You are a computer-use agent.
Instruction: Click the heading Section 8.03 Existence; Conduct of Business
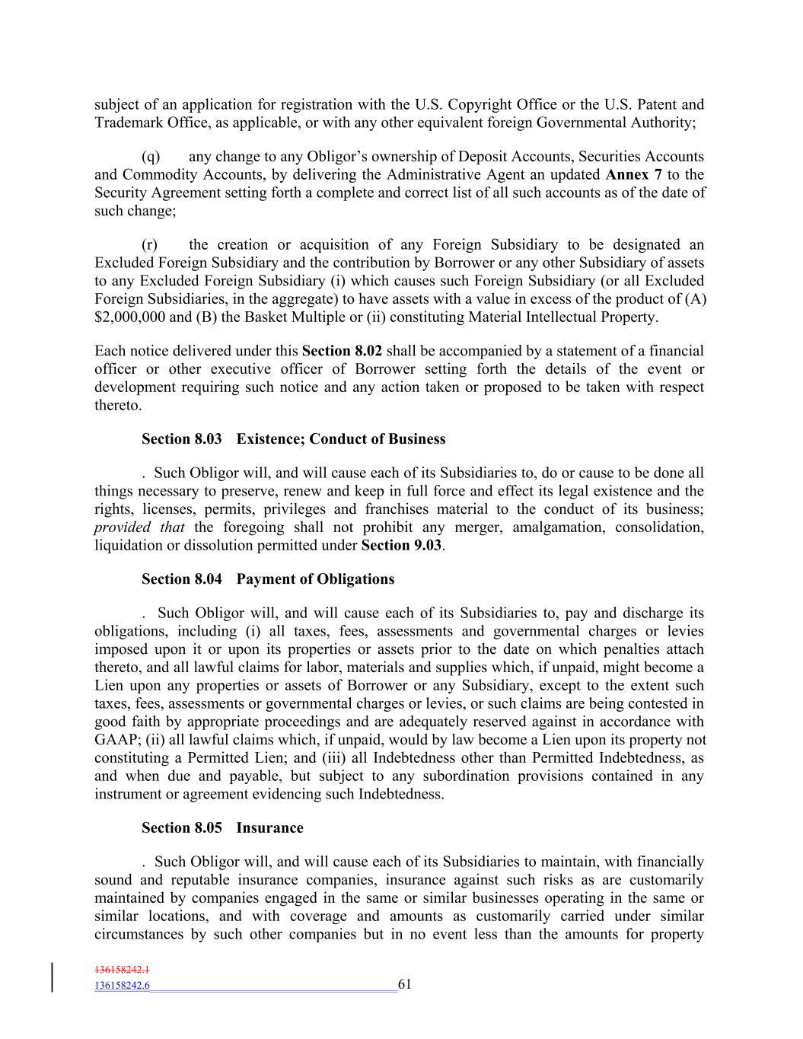[x=293, y=439]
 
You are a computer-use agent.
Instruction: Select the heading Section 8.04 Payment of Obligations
[x=268, y=579]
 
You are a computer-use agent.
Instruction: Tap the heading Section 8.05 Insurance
[x=222, y=828]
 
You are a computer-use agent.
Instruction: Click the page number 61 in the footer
[x=404, y=984]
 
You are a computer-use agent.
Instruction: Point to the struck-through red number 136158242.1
[x=122, y=970]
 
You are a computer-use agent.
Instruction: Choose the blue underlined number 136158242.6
[x=122, y=986]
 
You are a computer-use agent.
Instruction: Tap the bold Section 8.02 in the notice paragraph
[x=342, y=352]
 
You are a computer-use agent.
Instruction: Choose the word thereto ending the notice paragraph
[x=118, y=406]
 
